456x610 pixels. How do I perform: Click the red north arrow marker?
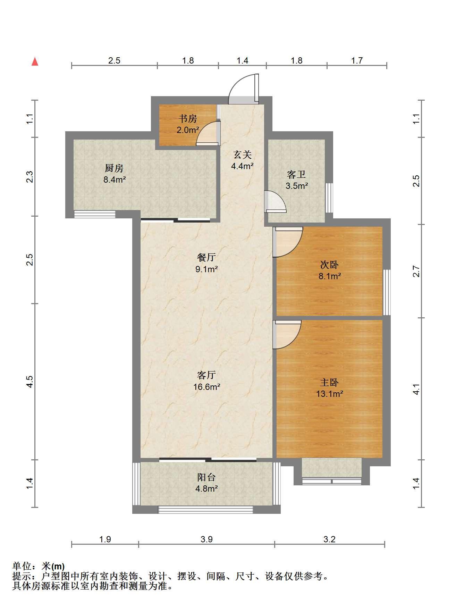(35, 61)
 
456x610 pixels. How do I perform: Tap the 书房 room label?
(188, 119)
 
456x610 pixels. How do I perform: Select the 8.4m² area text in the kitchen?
(115, 179)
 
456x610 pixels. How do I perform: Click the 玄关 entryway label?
(242, 154)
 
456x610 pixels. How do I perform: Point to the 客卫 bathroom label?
(296, 174)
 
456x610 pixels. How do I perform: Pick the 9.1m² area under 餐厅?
(206, 269)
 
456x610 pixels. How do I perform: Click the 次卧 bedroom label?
(329, 265)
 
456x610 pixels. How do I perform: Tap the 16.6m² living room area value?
(207, 386)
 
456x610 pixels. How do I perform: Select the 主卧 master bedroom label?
(329, 383)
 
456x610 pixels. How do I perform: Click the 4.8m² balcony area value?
(206, 488)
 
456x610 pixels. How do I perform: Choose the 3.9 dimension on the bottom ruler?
(206, 539)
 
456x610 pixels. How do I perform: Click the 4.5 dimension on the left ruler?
(30, 382)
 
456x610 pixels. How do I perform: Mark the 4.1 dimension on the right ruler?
(417, 389)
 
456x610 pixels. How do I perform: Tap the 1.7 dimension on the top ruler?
(357, 61)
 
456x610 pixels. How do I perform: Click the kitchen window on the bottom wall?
(95, 214)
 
